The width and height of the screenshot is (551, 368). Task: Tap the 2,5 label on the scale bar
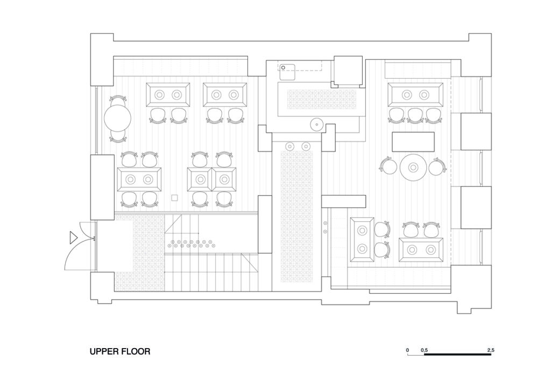point(491,350)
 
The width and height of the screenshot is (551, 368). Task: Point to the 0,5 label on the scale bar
point(424,350)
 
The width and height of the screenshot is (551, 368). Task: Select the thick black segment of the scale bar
point(457,355)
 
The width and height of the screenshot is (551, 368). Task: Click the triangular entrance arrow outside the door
point(73,237)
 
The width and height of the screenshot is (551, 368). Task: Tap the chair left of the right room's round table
point(387,166)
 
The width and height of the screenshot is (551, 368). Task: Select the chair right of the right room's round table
point(437,166)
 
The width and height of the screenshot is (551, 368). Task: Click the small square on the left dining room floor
point(174,198)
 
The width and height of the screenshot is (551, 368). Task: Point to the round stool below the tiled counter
point(316,124)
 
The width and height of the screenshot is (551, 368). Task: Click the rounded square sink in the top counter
point(287,72)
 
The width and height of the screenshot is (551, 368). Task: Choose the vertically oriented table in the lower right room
point(362,240)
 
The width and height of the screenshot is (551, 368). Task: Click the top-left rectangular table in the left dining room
point(168,95)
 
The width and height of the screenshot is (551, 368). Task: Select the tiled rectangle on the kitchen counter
point(322,99)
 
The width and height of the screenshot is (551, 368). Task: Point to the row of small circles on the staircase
point(190,244)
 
